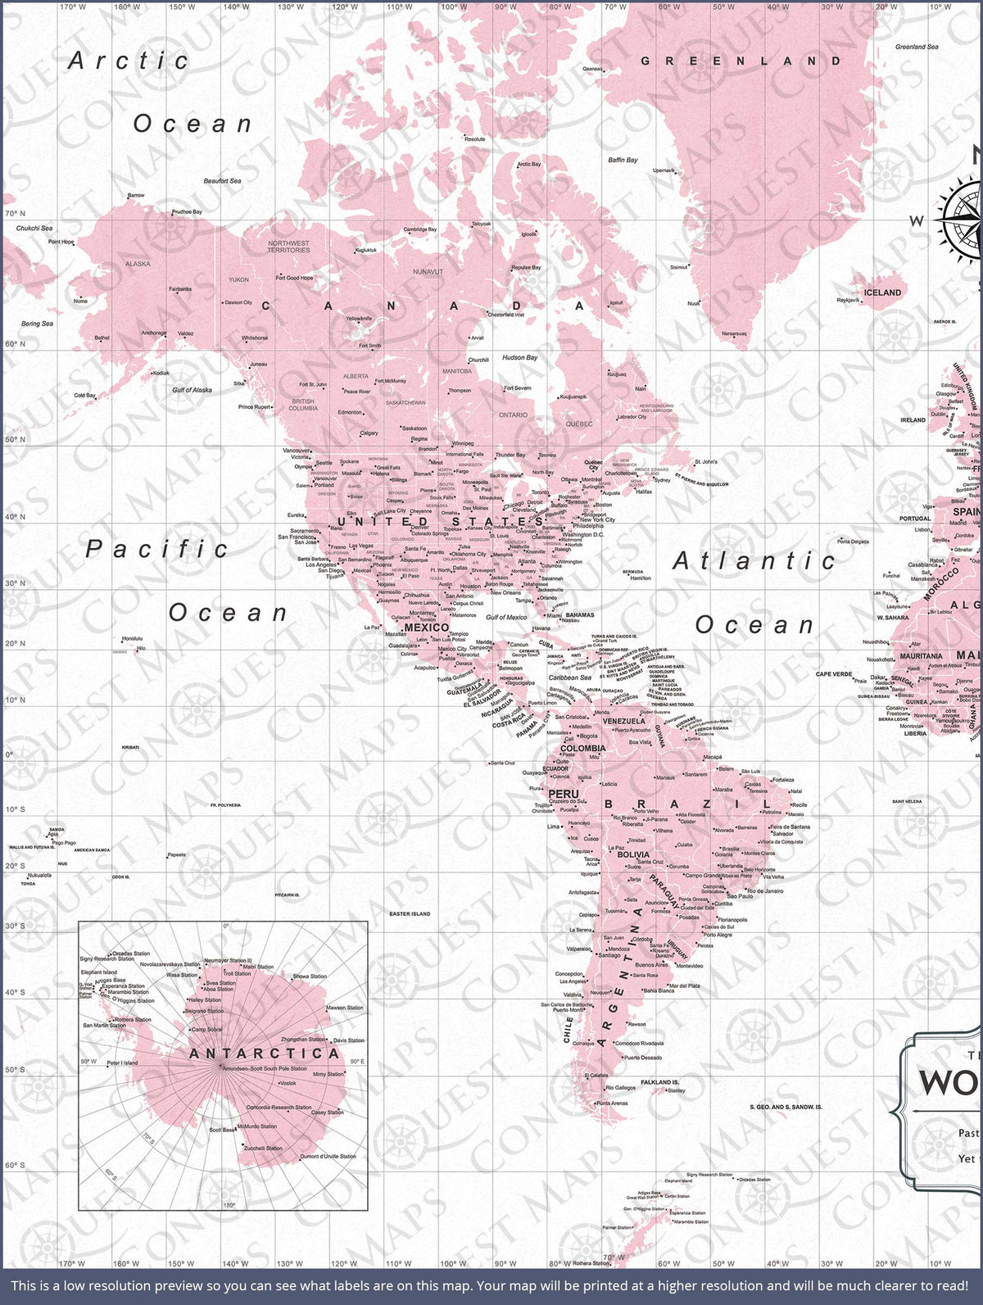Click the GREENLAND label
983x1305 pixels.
point(741,61)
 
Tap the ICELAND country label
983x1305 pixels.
point(882,292)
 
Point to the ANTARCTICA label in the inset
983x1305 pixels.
point(264,1054)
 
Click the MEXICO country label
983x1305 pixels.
point(427,628)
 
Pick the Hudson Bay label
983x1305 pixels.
point(519,357)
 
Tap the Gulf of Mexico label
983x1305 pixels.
point(506,617)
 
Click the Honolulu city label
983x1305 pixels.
point(132,638)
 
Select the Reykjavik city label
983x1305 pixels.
point(848,300)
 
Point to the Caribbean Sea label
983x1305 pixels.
point(570,677)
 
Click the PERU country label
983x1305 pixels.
point(563,794)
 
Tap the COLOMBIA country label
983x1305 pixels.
point(582,748)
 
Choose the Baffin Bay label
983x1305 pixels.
point(623,160)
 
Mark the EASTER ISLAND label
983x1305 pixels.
point(410,913)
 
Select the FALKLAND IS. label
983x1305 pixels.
point(659,1082)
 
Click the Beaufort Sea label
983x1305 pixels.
point(222,181)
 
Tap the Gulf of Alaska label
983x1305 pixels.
point(192,390)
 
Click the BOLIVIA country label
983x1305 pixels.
point(633,854)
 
